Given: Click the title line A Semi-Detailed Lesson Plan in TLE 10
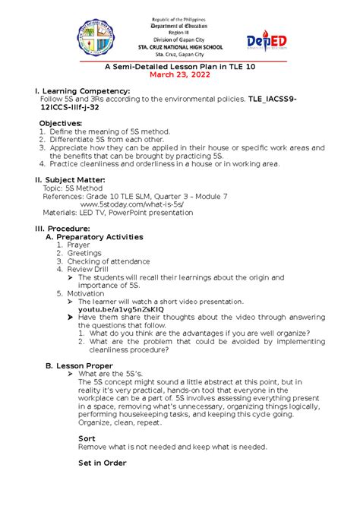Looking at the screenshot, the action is click(179, 65).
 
